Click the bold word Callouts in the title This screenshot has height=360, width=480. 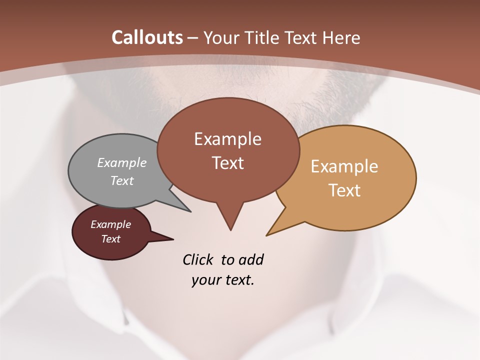point(147,37)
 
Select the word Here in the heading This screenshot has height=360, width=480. point(340,37)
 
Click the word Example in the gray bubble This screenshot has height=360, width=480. point(122,162)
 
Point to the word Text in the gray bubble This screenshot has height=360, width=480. point(122,180)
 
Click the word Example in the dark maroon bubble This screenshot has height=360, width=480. point(110,224)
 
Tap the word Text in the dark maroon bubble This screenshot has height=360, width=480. point(110,239)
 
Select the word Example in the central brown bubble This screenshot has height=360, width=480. point(227,139)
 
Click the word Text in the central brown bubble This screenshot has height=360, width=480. point(227,163)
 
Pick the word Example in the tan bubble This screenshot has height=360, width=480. point(344,166)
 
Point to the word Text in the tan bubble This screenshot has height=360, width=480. point(344,190)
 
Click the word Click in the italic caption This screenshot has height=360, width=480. point(198,259)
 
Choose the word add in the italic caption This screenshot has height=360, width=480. point(251,259)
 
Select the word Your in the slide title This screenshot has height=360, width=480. point(220,37)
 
